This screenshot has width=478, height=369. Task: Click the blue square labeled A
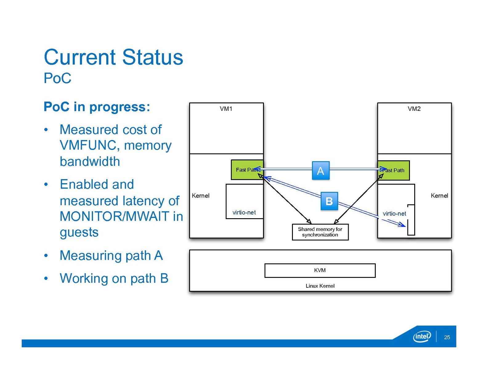321,170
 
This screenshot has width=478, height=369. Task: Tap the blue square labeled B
329,201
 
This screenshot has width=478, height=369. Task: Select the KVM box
320,271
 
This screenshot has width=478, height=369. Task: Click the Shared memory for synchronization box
320,232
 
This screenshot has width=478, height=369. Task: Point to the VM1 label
226,109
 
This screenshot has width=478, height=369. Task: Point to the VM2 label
414,109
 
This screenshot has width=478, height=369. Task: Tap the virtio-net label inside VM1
244,212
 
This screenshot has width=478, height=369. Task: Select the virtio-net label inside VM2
394,214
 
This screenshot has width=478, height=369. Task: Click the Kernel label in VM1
201,196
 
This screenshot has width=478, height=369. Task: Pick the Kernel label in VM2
439,196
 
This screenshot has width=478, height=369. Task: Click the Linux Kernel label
320,286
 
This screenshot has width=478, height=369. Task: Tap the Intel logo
422,336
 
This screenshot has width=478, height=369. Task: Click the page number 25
447,337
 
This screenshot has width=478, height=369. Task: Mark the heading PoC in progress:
97,107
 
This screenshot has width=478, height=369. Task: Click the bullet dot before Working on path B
46,279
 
